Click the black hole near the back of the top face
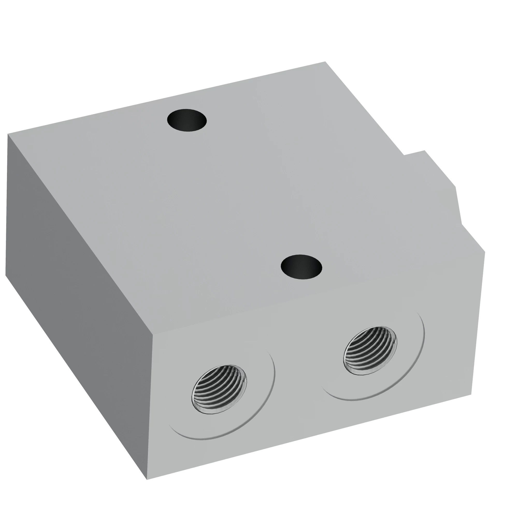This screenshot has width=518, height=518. [187, 120]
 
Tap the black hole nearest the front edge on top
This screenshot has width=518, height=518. [301, 267]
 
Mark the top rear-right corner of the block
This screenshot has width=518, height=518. [325, 62]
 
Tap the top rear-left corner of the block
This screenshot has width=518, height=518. [8, 134]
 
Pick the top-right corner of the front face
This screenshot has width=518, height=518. [485, 252]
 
